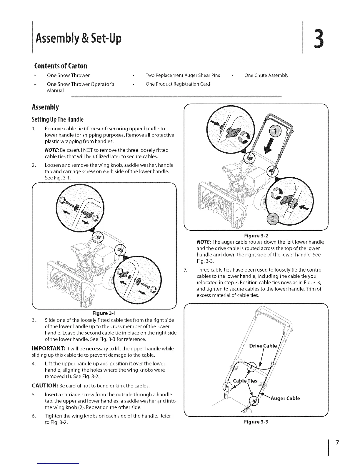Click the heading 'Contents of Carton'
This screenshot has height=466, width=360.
click(x=61, y=65)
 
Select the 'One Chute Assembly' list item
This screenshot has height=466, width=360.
click(x=266, y=75)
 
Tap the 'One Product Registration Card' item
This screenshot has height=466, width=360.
click(x=178, y=84)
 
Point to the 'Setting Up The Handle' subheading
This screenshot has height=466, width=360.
click(x=58, y=119)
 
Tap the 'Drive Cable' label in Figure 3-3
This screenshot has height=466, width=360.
click(x=263, y=346)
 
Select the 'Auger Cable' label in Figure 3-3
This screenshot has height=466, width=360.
click(x=285, y=398)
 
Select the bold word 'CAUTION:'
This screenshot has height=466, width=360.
click(x=45, y=386)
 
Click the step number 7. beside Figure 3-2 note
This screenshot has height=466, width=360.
click(x=186, y=270)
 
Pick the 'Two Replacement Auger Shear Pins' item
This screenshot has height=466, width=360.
click(x=183, y=75)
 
